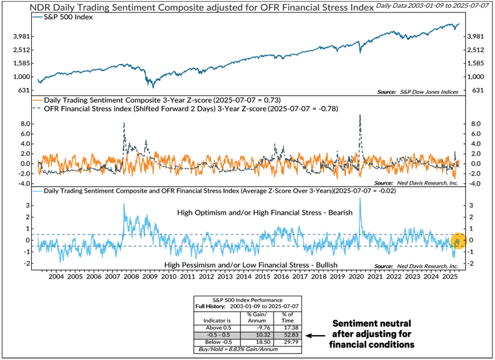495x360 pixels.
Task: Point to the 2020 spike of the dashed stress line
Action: point(360,116)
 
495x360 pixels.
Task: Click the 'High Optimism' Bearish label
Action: point(265,213)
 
